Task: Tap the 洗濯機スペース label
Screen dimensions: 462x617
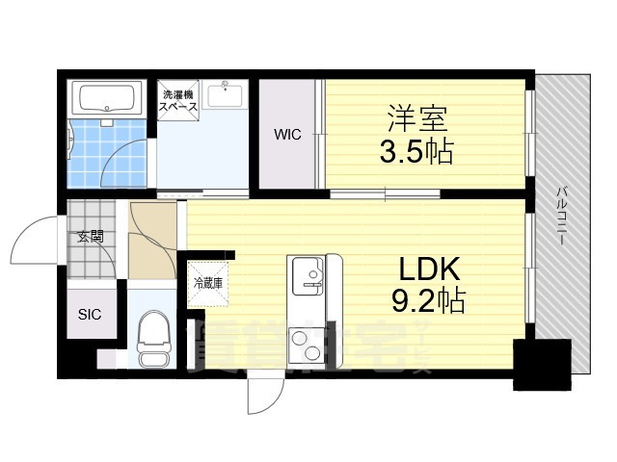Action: [179, 101]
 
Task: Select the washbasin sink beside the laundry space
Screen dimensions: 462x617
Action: [228, 97]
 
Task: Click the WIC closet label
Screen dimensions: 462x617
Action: [287, 135]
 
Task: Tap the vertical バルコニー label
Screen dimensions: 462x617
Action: [559, 218]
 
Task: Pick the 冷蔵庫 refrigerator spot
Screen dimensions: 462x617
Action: [209, 283]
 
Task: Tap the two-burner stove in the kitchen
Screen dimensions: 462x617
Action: [311, 343]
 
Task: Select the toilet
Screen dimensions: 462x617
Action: [153, 343]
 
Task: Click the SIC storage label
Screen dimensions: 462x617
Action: [90, 315]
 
